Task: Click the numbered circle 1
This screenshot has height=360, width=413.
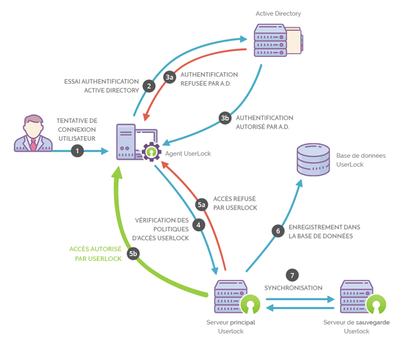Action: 77,151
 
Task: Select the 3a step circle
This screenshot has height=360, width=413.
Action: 169,77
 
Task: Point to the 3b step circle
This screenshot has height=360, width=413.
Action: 224,118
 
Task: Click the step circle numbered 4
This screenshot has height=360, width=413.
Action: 199,225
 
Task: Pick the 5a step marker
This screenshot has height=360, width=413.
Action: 201,204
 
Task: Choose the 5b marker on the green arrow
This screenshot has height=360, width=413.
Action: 133,254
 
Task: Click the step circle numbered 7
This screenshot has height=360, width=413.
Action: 293,275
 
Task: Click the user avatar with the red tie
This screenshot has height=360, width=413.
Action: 33,134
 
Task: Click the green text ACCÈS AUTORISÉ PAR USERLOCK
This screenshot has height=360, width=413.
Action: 96,254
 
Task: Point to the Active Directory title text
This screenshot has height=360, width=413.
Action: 278,13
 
